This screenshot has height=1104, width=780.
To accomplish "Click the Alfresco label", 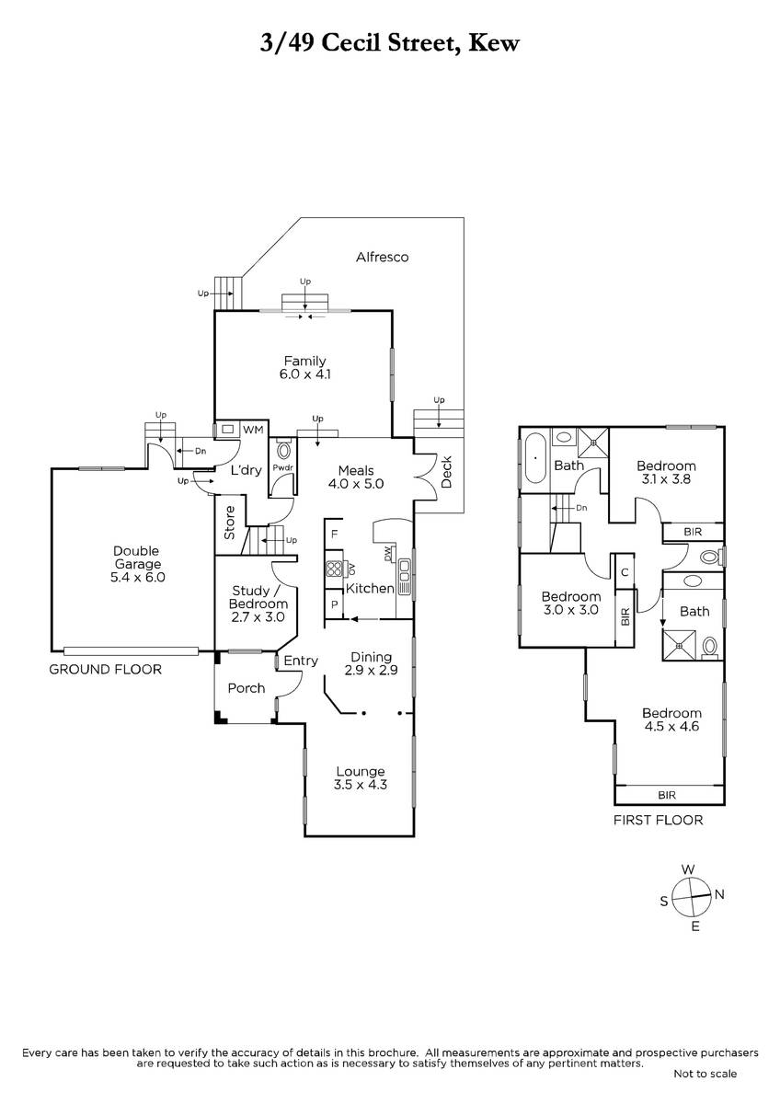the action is tap(382, 257).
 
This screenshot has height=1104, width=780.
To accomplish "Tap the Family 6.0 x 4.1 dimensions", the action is tap(305, 374).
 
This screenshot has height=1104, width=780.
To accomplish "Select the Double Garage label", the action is tap(136, 558).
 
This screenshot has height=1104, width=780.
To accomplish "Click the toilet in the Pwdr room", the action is tap(284, 451).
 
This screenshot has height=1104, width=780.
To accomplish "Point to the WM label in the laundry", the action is tap(253, 430).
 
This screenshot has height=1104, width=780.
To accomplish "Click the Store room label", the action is tap(229, 523).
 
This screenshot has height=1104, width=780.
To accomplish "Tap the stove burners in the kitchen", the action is tap(334, 569).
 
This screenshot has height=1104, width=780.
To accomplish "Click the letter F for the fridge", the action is tap(335, 534).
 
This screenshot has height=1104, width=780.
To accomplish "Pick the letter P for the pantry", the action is tap(335, 604).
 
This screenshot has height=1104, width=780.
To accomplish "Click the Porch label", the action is tap(247, 688).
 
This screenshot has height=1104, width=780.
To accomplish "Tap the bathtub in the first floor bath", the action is tap(535, 458).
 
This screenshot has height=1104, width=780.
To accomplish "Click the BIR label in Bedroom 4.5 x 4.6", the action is tap(667, 795).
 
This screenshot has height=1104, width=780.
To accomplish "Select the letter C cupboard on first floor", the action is tap(625, 572).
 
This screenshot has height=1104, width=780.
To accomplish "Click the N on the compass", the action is tap(719, 894).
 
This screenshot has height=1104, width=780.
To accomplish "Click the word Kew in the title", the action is tap(493, 43).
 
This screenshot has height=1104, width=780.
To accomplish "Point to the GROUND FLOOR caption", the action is tap(106, 670).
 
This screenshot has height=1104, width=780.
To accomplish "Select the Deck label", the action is tap(446, 472).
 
